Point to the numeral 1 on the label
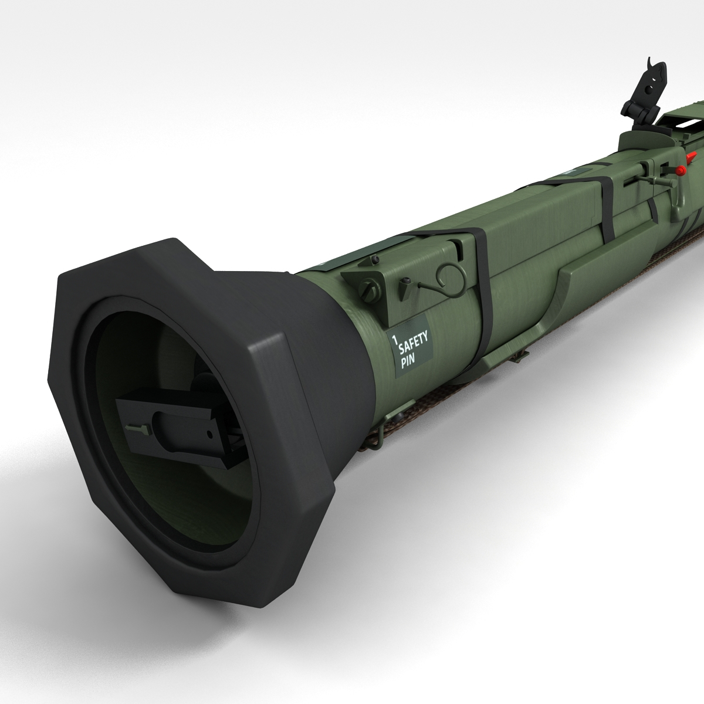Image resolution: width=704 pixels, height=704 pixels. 394,339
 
